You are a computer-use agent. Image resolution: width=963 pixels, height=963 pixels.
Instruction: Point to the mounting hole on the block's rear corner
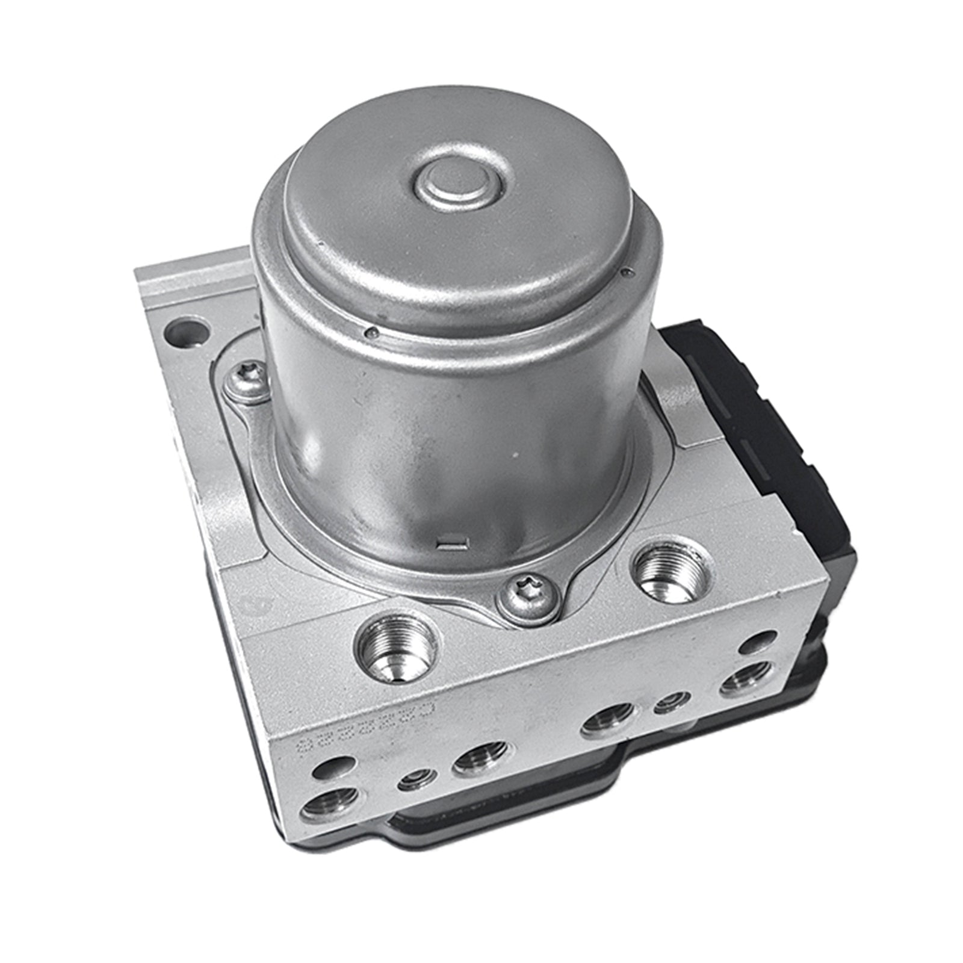coord(187,331)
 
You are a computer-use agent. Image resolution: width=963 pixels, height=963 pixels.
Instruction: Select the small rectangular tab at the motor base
coord(451,544)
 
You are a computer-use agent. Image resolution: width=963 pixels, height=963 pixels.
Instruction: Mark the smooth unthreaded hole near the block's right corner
coord(757,643)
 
